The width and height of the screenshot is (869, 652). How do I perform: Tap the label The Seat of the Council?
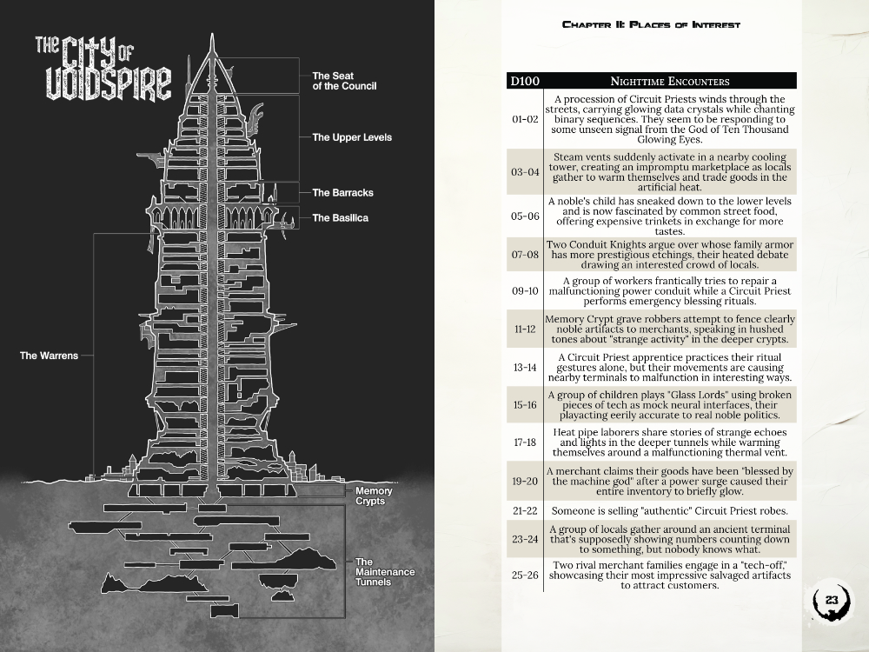(345, 82)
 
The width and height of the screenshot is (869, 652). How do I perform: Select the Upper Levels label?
(352, 137)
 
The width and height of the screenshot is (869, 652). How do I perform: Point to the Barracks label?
(342, 193)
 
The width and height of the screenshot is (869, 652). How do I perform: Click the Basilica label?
(341, 218)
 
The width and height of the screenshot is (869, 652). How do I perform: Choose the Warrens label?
(50, 356)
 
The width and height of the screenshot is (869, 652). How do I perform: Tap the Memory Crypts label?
(374, 496)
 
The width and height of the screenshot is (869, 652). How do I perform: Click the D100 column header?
(525, 82)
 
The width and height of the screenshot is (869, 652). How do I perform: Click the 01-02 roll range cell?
(525, 119)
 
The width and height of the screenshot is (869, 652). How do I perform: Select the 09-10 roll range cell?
(525, 291)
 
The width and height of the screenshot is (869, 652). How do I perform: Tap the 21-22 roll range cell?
(525, 510)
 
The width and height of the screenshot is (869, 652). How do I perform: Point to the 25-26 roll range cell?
(525, 575)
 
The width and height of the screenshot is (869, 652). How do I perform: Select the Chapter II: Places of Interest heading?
(651, 24)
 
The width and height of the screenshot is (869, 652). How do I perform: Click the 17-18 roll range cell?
(525, 442)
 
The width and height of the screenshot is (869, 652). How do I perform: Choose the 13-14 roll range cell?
(525, 368)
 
